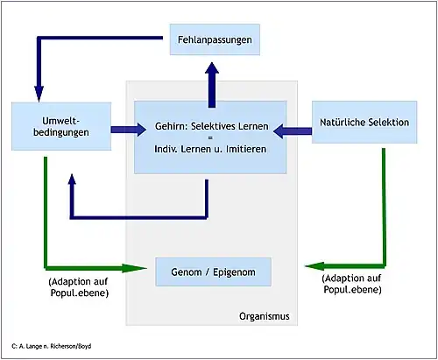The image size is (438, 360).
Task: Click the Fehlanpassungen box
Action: click(x=215, y=39)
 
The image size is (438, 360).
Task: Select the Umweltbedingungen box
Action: click(x=61, y=126)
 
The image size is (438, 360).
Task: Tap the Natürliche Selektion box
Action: click(x=364, y=122)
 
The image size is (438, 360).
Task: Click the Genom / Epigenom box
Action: click(x=213, y=272)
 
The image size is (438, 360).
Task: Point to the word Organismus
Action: click(x=265, y=316)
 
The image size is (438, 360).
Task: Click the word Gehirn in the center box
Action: click(x=171, y=126)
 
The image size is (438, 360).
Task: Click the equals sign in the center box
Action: click(x=210, y=138)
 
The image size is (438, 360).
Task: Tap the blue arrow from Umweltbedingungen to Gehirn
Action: click(x=129, y=130)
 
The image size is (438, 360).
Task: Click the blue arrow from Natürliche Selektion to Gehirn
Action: click(x=293, y=131)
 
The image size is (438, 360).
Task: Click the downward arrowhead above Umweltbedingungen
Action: click(x=39, y=94)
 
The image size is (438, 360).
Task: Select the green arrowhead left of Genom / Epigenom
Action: click(x=134, y=268)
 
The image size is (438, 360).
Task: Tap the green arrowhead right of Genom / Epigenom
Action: click(x=314, y=266)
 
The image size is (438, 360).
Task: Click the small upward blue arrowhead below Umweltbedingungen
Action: click(x=72, y=180)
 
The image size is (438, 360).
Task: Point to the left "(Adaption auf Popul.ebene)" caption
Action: click(x=79, y=287)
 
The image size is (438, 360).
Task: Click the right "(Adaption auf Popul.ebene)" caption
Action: click(x=352, y=284)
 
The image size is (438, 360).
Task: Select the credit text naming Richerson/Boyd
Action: click(x=52, y=346)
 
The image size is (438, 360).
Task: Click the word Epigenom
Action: click(x=234, y=272)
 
